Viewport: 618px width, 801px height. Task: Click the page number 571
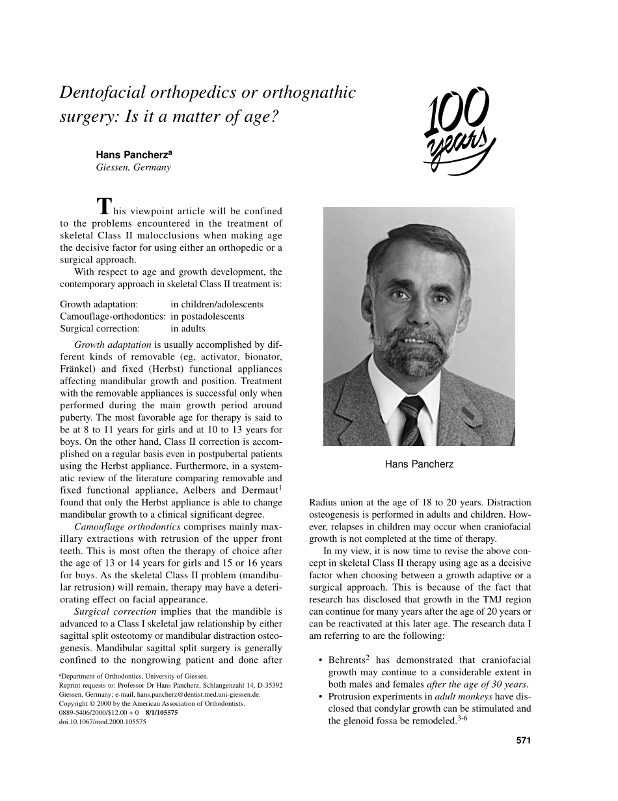[x=524, y=740]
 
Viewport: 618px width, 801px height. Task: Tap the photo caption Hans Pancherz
[x=419, y=464]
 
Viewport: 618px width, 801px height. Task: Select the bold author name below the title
[x=133, y=155]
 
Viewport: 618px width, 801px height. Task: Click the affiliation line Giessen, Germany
[x=133, y=167]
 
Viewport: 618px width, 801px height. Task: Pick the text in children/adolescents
[x=217, y=304]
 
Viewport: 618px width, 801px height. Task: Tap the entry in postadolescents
[x=208, y=316]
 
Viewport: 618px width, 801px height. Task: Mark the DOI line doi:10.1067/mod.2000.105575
[x=102, y=722]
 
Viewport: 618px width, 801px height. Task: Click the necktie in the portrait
[x=411, y=417]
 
